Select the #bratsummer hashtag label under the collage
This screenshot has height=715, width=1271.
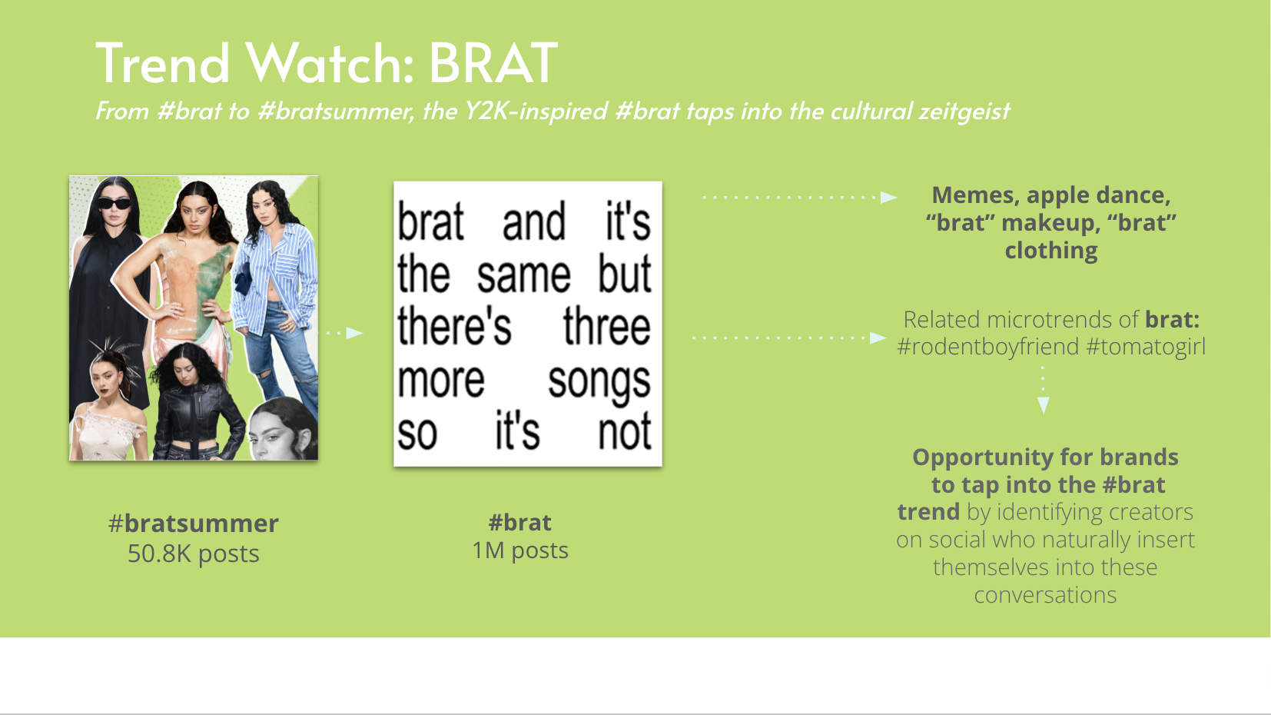tap(194, 524)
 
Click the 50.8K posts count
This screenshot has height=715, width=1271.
tap(194, 553)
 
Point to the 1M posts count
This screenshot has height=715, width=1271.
tap(519, 550)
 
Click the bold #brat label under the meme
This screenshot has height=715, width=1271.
tap(519, 523)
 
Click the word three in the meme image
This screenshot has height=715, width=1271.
tap(606, 327)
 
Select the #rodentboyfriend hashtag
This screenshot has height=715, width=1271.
tap(987, 347)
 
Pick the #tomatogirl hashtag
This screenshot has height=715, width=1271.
tap(1146, 347)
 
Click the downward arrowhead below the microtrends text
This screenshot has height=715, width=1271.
tap(1043, 405)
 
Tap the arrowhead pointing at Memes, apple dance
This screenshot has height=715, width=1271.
tap(888, 197)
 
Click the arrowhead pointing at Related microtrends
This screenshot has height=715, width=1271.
tap(878, 338)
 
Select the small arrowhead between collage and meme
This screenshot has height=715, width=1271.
tap(354, 333)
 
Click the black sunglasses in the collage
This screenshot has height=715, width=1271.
tap(114, 203)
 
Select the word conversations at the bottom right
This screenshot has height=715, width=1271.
tap(1045, 595)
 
